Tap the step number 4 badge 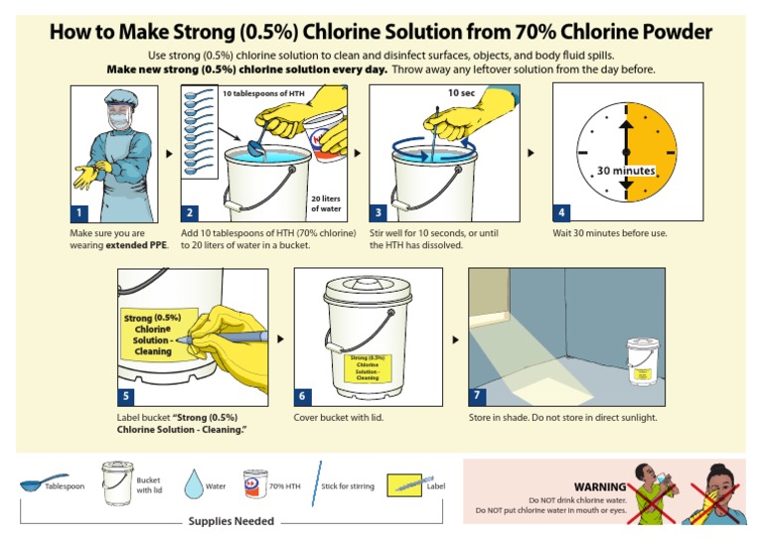click(x=562, y=212)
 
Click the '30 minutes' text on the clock click(x=626, y=170)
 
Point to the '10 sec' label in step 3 click(x=460, y=92)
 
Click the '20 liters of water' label click(x=327, y=203)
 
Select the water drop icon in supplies click(x=193, y=484)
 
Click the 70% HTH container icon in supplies click(x=253, y=484)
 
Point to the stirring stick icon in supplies click(x=317, y=483)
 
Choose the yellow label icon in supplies click(x=404, y=484)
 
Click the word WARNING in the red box click(x=600, y=486)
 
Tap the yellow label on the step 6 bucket click(x=368, y=367)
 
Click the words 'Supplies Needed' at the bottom click(x=232, y=520)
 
